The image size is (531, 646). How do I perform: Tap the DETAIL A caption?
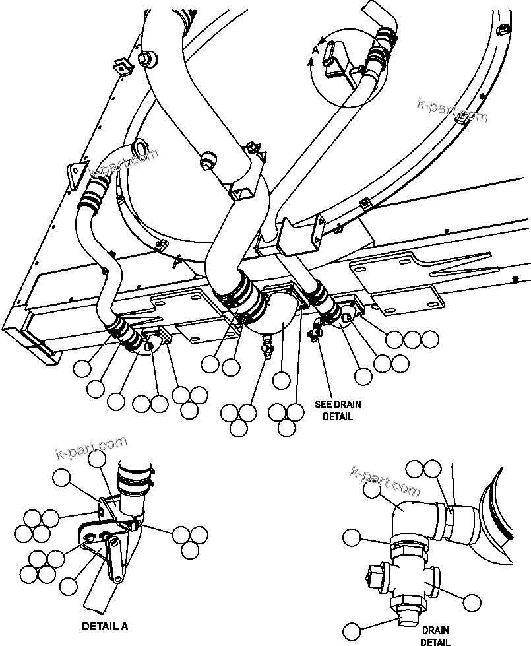104,626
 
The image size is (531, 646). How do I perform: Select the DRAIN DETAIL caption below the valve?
435,635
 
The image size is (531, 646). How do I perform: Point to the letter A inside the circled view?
315,49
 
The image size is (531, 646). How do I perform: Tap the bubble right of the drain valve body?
472,601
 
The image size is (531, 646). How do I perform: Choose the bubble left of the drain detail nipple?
352,537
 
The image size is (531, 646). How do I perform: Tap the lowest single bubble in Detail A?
69,585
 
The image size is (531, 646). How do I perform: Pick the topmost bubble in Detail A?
97,459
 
